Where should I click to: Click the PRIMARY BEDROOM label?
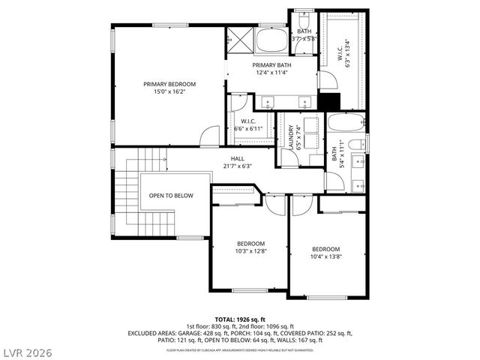point(169,84)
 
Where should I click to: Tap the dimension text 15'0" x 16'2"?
point(169,91)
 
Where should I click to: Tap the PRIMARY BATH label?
point(271,65)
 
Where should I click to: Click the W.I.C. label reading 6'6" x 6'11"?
point(248,125)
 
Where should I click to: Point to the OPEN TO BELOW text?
point(171,196)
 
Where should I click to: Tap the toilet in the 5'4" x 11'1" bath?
point(357,143)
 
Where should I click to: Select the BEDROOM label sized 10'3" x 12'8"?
point(250,247)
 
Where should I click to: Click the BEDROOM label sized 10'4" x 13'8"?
point(325,253)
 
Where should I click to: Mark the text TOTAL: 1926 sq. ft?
point(239,319)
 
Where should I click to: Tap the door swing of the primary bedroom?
point(211,136)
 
